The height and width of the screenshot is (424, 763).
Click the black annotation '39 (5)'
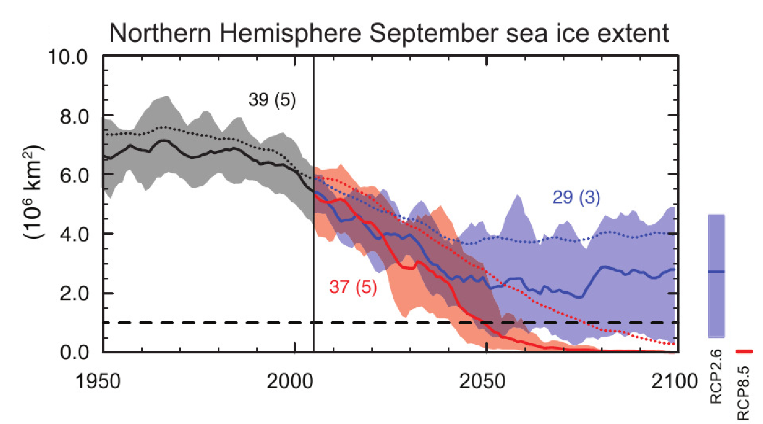pos(272,100)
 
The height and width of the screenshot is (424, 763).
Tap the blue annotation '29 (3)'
pos(576,198)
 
